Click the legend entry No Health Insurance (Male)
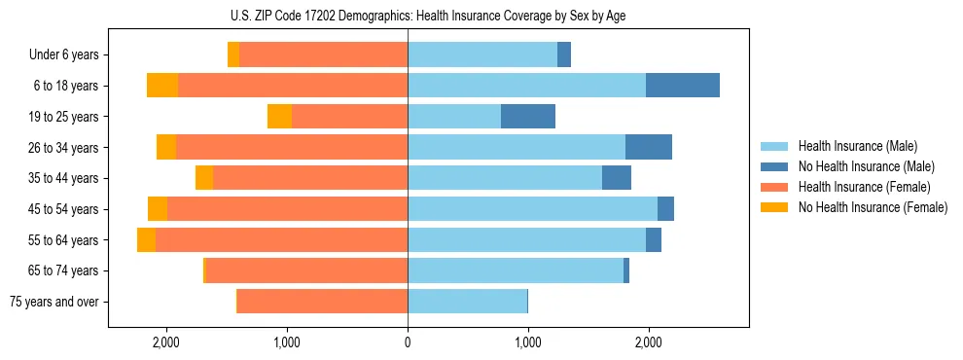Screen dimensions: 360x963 point(866,166)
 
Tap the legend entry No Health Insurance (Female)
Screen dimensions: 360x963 point(872,207)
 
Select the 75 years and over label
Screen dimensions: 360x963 point(53,302)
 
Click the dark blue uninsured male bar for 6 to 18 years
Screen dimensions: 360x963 point(683,86)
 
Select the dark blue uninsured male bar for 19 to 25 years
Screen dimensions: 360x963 point(528,117)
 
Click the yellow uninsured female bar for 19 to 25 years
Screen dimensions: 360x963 point(279,117)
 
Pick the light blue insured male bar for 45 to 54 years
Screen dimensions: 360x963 point(532,209)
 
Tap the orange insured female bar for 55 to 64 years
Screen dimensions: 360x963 point(281,239)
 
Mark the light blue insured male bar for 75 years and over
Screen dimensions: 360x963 point(467,302)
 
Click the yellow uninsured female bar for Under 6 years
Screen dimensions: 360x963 point(233,55)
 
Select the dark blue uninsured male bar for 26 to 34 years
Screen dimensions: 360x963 point(649,147)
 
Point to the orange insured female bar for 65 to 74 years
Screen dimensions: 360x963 point(306,270)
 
